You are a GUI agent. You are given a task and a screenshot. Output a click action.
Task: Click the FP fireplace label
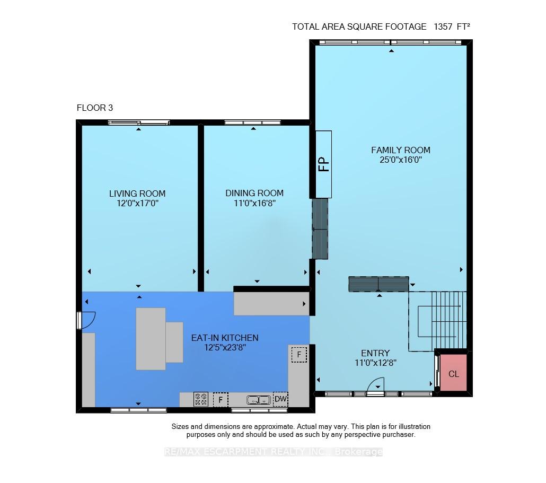coord(324,164)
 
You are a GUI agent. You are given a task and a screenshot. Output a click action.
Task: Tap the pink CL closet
coord(453,373)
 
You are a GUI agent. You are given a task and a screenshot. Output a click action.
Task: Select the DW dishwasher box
coord(280,399)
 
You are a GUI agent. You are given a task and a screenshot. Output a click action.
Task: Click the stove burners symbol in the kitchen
coord(201,399)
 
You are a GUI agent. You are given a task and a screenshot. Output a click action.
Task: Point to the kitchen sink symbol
coord(259,400)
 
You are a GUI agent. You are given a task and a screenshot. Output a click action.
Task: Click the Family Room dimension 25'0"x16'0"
coord(401,160)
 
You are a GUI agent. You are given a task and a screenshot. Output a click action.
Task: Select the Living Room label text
coord(137,194)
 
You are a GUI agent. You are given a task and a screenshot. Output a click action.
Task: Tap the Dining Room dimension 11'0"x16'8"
coord(254,203)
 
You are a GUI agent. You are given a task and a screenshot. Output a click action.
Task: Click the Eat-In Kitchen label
coord(225,338)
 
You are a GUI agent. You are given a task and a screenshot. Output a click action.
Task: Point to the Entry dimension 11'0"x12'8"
coord(375,363)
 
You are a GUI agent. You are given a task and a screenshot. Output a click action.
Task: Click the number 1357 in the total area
coord(443,27)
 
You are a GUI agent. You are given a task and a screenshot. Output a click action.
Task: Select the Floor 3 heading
coord(95,108)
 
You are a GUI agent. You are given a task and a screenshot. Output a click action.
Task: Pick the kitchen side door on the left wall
coord(85,320)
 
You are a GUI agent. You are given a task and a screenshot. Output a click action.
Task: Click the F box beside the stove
coord(221,399)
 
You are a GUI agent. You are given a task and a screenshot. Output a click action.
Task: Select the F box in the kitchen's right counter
coord(299,355)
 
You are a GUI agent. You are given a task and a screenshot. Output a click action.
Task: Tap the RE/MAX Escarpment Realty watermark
coord(274,452)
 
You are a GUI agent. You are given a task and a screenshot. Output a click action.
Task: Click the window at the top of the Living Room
coord(138,122)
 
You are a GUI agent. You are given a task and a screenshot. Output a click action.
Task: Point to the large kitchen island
coord(151,338)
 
